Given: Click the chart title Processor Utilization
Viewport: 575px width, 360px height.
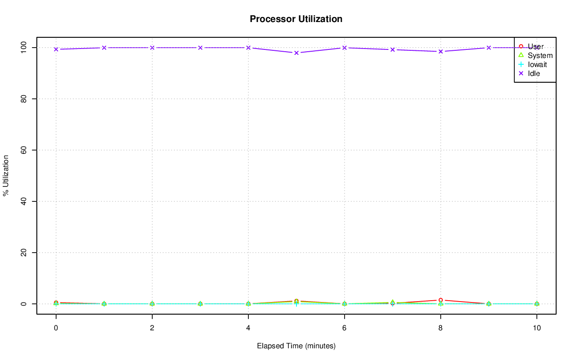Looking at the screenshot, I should point(296,19).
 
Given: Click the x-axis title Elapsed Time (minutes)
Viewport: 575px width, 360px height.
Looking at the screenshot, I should point(296,346).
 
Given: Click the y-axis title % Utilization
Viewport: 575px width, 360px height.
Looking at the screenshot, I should point(6,175).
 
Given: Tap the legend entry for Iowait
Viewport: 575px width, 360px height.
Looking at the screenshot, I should point(537,64).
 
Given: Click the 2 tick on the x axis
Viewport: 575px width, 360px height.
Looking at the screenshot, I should point(152,329).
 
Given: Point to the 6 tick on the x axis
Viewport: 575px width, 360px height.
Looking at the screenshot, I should point(345,329).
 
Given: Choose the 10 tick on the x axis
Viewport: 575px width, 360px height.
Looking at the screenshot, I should point(537,329).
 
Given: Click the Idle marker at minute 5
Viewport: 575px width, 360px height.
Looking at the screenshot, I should point(296,53).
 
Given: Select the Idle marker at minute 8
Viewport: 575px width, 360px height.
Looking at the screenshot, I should point(441,51).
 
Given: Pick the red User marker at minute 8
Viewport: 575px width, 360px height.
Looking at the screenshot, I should point(441,300).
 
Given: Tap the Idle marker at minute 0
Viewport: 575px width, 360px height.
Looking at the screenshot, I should point(56,49).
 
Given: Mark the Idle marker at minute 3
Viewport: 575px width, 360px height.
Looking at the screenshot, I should point(200,48).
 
